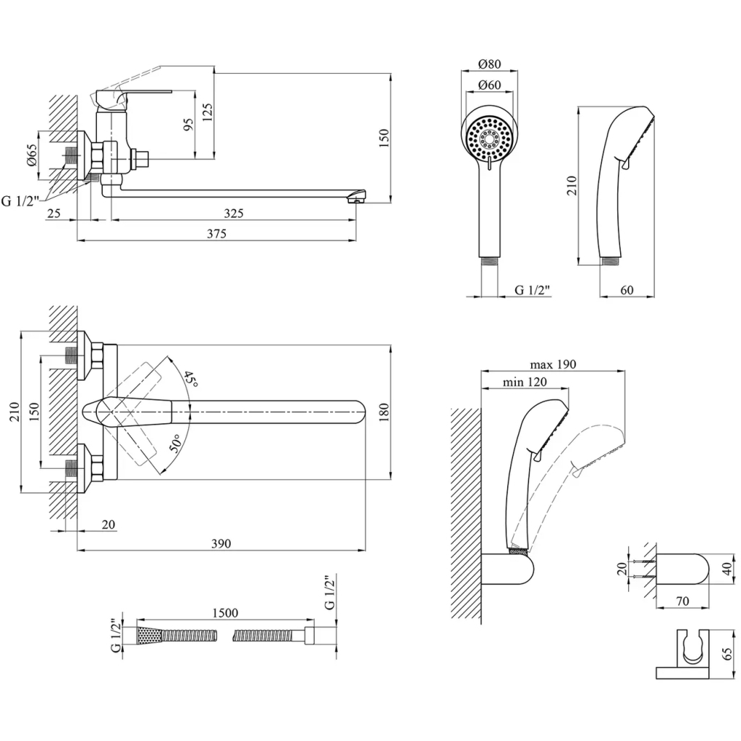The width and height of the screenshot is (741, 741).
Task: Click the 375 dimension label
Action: (x=216, y=233)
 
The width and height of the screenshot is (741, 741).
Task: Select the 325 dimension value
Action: (x=233, y=213)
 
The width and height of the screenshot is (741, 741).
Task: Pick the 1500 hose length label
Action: (x=225, y=613)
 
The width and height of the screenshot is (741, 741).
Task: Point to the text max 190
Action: (x=553, y=364)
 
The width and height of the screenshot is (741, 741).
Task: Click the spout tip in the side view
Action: (x=357, y=197)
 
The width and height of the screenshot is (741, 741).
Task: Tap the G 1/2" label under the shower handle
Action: (x=533, y=290)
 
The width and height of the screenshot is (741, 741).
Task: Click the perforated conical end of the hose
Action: (x=147, y=635)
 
